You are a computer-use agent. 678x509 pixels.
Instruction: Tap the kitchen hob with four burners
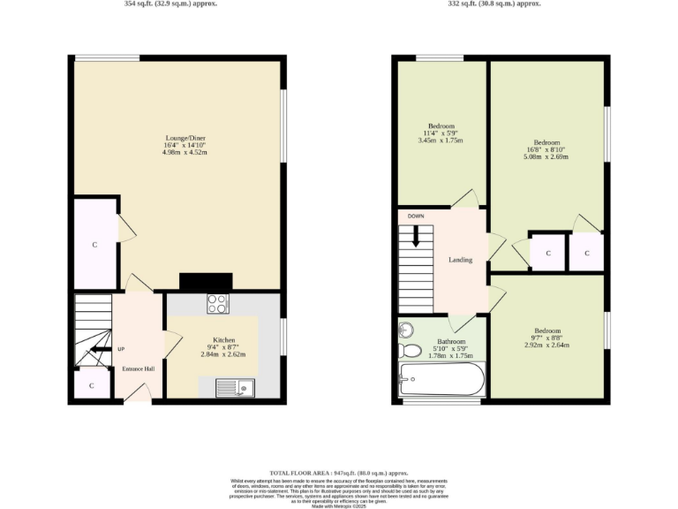pos(218,304)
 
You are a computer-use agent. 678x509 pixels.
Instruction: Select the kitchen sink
pos(235,387)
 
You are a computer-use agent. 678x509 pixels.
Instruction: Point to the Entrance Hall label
pos(138,368)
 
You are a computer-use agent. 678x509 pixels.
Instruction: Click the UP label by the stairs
pos(121,349)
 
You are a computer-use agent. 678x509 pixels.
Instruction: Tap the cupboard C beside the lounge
pos(95,245)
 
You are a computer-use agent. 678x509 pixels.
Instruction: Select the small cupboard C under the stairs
pos(92,386)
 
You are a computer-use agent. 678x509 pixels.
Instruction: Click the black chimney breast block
pos(206,281)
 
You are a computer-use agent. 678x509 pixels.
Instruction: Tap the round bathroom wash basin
pos(406,330)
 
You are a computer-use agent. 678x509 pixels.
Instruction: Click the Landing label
pos(460,260)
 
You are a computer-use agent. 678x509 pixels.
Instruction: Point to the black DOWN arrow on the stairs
pos(416,234)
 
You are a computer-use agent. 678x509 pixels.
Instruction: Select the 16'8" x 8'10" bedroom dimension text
pos(546,150)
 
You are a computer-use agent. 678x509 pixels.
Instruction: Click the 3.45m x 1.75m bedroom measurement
pos(441,141)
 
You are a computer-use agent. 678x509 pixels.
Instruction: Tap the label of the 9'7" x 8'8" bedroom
pos(546,331)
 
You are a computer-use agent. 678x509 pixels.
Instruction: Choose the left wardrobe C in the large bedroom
pos(547,254)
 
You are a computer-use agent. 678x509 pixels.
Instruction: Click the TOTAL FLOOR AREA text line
pos(339,475)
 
